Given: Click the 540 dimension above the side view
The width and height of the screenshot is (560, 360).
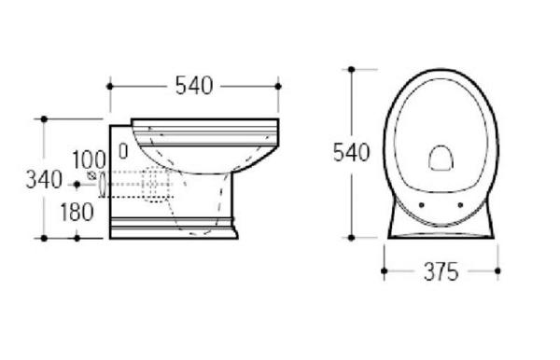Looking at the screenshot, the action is point(194,86).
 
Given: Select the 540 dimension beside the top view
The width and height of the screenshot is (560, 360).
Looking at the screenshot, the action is point(351,152).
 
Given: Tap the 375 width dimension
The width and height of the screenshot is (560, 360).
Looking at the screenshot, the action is point(441,271).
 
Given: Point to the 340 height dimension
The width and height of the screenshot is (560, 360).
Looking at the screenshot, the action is point(44,179).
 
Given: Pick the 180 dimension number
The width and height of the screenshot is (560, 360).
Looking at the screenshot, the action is point(77,212).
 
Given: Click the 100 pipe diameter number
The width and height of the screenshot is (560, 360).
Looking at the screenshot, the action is point(89,159).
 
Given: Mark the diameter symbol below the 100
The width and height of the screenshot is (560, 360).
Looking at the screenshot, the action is point(91,175).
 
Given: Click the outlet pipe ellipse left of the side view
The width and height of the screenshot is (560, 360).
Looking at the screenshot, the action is point(103,184).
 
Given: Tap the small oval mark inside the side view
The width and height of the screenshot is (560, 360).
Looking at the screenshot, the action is point(123,151).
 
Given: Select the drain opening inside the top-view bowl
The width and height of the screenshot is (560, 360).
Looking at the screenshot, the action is point(441,158).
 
